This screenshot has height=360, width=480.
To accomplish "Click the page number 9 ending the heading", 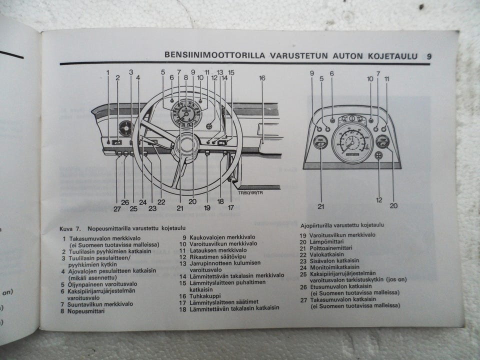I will tap(429, 56).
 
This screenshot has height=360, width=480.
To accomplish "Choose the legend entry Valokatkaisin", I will tap(327, 254).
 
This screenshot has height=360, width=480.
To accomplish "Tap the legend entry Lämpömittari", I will tap(328, 242).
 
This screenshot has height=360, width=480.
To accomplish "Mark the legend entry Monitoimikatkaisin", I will tap(335, 267).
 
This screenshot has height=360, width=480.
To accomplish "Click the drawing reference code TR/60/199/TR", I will tap(250, 193).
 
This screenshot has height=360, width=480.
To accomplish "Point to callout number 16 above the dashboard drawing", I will tap(262, 78).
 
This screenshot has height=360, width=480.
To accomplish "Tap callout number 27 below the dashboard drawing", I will tap(116, 209).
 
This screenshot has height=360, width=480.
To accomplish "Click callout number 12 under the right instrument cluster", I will tap(379, 199).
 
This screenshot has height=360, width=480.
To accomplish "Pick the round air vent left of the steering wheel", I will tap(126, 129).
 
